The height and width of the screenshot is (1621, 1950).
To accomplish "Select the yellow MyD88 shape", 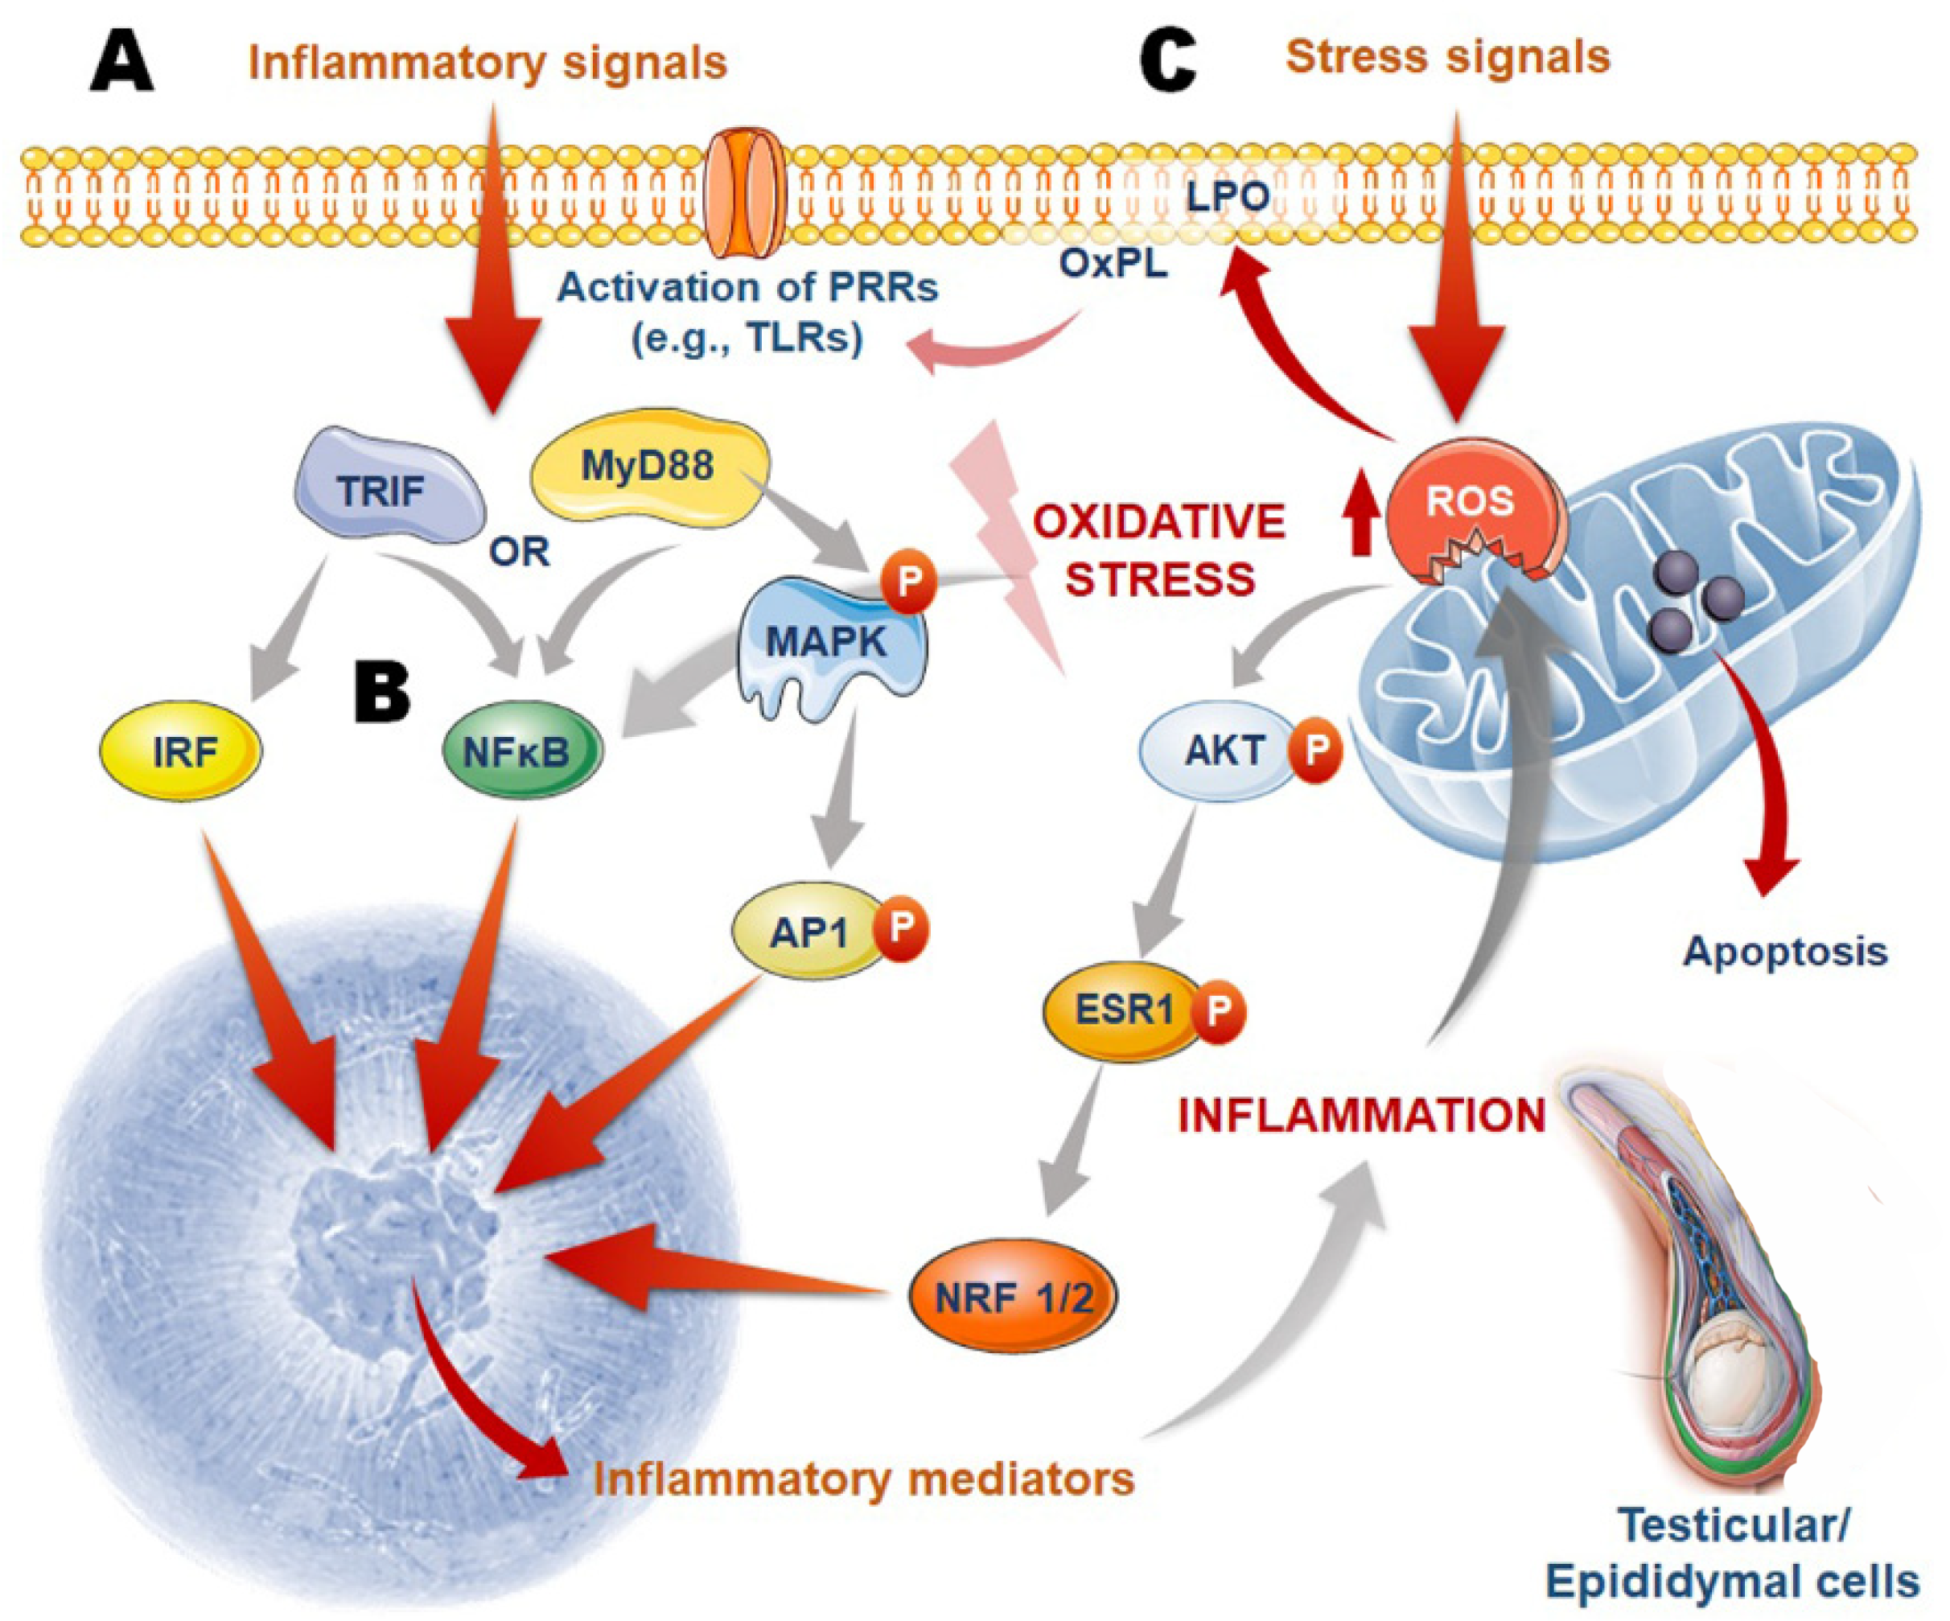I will pos(648,467).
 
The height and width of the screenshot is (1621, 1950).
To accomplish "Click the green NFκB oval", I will pos(520,751).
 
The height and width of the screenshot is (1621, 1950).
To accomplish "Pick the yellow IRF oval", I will pos(182,751).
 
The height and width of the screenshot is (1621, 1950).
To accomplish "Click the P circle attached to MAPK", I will pos(908,580).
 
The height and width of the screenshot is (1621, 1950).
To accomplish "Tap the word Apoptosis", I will pos(1785,952).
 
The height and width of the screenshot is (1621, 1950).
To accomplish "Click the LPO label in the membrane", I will pos(1228,195).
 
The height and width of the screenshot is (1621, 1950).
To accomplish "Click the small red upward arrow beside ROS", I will pos(1361,525).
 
